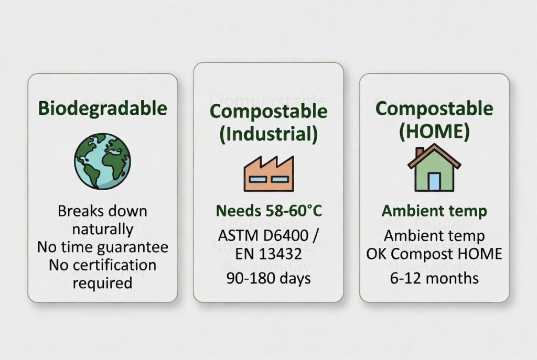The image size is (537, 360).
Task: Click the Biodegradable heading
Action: (103, 108)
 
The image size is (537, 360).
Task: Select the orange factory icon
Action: (268, 173)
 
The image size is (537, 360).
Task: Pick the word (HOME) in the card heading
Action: (434, 131)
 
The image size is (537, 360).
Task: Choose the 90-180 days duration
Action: (268, 278)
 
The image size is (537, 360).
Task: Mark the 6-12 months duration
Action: (434, 278)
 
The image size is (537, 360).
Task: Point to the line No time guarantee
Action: (103, 247)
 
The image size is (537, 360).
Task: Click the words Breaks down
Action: (103, 211)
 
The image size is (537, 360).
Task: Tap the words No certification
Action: (103, 265)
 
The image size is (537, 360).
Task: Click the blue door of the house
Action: (434, 181)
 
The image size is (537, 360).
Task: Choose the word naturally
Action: (103, 229)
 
